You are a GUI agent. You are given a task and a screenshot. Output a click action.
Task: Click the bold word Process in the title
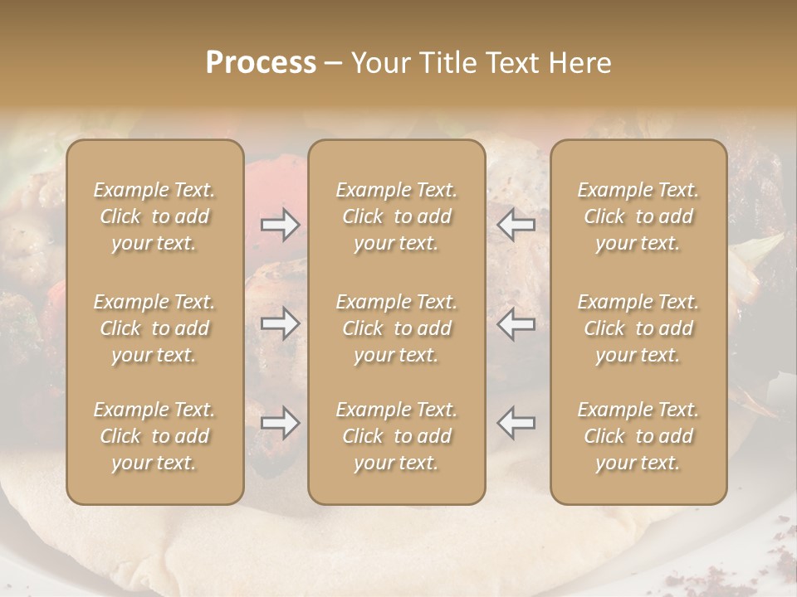[261, 63]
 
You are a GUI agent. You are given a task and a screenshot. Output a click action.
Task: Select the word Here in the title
[579, 63]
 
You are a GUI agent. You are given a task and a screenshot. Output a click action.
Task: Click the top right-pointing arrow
[281, 224]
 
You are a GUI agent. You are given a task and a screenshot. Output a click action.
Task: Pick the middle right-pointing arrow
[281, 323]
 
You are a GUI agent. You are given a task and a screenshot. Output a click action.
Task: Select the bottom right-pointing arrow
[281, 423]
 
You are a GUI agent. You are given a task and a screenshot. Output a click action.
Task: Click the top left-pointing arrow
[516, 224]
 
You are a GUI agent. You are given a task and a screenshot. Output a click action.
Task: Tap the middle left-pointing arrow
[516, 323]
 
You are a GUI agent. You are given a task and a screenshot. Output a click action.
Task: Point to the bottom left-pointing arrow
[516, 423]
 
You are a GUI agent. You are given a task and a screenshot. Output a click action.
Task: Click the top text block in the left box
[154, 216]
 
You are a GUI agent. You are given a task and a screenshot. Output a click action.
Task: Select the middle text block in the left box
[154, 328]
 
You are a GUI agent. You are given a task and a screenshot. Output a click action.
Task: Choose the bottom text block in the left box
[154, 436]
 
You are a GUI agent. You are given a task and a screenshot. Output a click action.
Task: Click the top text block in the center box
[396, 216]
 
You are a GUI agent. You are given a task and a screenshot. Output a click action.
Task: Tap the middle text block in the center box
[396, 328]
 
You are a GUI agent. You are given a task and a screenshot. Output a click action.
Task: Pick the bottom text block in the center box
[396, 436]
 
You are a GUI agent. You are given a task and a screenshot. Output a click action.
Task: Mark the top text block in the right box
[638, 216]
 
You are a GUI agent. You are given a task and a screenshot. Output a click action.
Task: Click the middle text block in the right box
[638, 328]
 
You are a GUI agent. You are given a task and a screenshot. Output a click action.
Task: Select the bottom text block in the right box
[638, 436]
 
